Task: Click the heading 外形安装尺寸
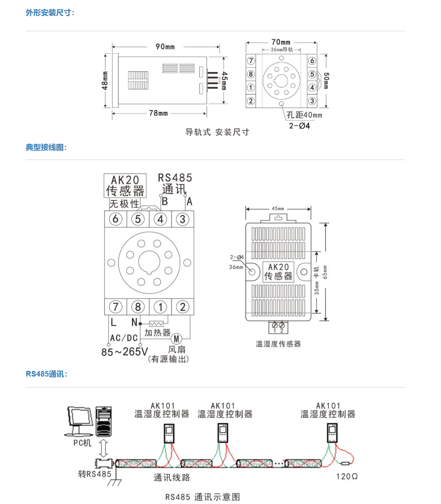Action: point(50,13)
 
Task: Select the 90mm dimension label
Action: point(165,46)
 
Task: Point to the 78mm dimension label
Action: point(158,113)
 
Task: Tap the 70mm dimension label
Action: point(281,42)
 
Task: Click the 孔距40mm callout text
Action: point(304,115)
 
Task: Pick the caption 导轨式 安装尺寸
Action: point(217,132)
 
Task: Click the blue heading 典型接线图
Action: point(46,147)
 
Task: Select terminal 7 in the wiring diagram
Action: point(116,307)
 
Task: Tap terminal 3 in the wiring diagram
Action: point(183,219)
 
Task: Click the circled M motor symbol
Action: point(176,339)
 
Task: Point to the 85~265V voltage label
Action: point(125,352)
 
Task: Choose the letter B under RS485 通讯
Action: point(165,201)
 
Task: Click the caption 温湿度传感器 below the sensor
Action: point(278,344)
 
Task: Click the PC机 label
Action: point(82,443)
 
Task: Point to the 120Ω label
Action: point(347,477)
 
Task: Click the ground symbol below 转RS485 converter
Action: point(114,481)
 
